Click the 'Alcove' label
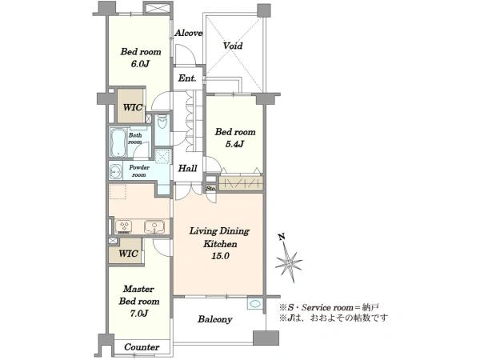click(x=189, y=33)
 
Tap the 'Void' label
click(x=233, y=46)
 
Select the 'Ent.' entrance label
click(x=187, y=78)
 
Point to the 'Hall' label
click(x=188, y=168)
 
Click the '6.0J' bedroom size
click(x=140, y=64)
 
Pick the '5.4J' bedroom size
click(x=234, y=144)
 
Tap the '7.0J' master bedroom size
click(x=139, y=313)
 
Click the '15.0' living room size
click(x=220, y=256)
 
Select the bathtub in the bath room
click(x=118, y=142)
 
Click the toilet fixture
click(x=162, y=122)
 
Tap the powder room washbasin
click(x=115, y=172)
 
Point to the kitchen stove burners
click(x=124, y=226)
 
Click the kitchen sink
click(x=154, y=227)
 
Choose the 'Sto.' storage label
click(x=210, y=188)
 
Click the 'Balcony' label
click(x=214, y=319)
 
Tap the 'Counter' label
click(x=142, y=347)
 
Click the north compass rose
click(x=289, y=261)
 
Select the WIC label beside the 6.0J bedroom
click(x=132, y=107)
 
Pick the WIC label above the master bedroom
click(x=128, y=254)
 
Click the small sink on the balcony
click(x=255, y=304)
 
